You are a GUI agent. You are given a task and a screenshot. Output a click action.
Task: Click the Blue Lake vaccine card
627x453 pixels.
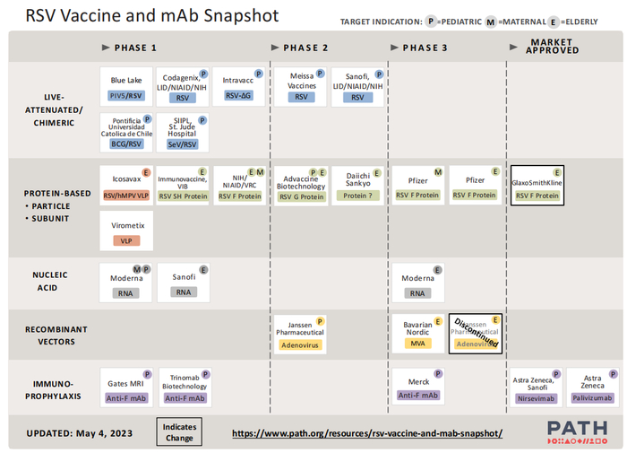(x=126, y=86)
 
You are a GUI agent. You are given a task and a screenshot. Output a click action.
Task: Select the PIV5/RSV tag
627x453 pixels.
(x=126, y=96)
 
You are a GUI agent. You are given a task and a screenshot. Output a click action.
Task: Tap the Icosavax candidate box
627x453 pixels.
(x=126, y=185)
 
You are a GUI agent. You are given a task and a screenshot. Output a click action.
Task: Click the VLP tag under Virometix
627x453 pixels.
(x=126, y=240)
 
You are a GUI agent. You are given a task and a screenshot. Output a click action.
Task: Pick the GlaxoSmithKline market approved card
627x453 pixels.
(x=537, y=185)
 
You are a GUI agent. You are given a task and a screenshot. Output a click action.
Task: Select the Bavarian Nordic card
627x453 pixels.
(x=418, y=331)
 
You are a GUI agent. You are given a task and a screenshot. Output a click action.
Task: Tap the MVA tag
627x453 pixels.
(x=418, y=343)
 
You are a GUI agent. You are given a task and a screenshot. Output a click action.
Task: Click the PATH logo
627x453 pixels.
(x=579, y=431)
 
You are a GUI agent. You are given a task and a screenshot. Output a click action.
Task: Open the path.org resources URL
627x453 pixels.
(x=366, y=432)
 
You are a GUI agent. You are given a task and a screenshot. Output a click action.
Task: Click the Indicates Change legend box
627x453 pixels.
(x=179, y=432)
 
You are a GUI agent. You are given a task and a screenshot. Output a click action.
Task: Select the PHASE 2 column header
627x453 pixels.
(x=301, y=48)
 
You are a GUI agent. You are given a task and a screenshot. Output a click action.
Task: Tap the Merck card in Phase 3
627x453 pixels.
(x=418, y=387)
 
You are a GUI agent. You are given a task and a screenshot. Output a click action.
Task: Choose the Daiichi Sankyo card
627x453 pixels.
(x=357, y=185)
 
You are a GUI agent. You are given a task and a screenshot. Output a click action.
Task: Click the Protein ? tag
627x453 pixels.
(x=357, y=196)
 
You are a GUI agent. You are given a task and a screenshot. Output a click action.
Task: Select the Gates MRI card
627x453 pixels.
(x=126, y=387)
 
